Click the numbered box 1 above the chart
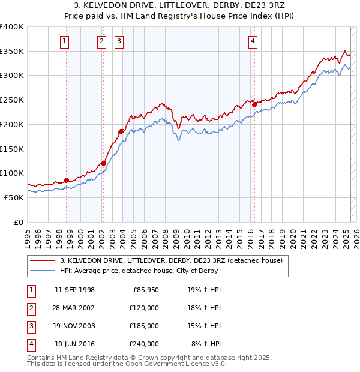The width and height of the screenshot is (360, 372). coord(64,41)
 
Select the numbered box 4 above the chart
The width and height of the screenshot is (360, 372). coord(253,41)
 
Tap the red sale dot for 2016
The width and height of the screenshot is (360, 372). coord(254,104)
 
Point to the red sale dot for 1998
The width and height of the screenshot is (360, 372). coord(66,180)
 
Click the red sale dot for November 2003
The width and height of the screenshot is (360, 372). coord(121,131)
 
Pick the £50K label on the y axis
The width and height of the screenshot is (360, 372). coord(14,197)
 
